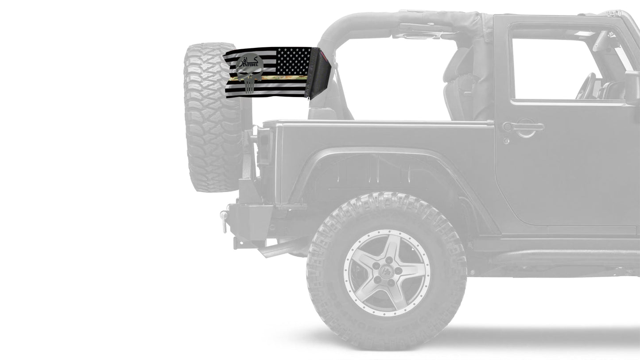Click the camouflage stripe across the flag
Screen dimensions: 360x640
[x=283, y=78]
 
